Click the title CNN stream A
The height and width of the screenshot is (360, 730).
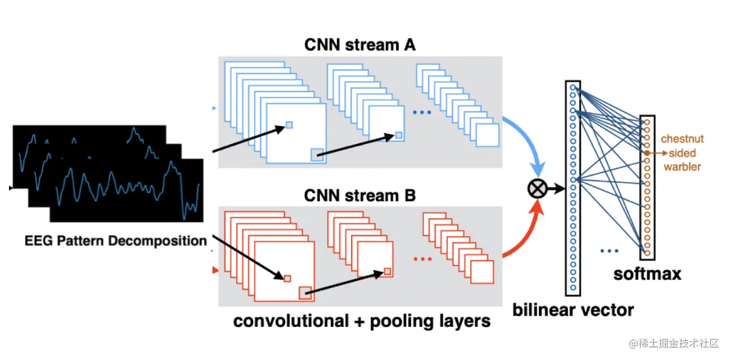tap(360, 44)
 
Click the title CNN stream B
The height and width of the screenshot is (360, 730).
tap(360, 196)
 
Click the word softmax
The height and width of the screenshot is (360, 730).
tap(647, 274)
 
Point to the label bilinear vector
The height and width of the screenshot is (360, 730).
tap(573, 309)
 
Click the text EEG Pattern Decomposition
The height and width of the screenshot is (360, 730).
tap(116, 241)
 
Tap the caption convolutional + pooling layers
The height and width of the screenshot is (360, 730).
tap(362, 321)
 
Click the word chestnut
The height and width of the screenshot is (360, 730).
tap(682, 139)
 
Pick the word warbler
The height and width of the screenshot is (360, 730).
tap(682, 166)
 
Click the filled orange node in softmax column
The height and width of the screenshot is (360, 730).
tap(647, 152)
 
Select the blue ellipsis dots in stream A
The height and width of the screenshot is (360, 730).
tap(421, 112)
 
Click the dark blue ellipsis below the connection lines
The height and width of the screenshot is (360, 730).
tap(610, 250)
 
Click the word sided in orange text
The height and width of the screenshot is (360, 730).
tap(682, 153)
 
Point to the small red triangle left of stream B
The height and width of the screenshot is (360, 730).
tap(215, 271)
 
